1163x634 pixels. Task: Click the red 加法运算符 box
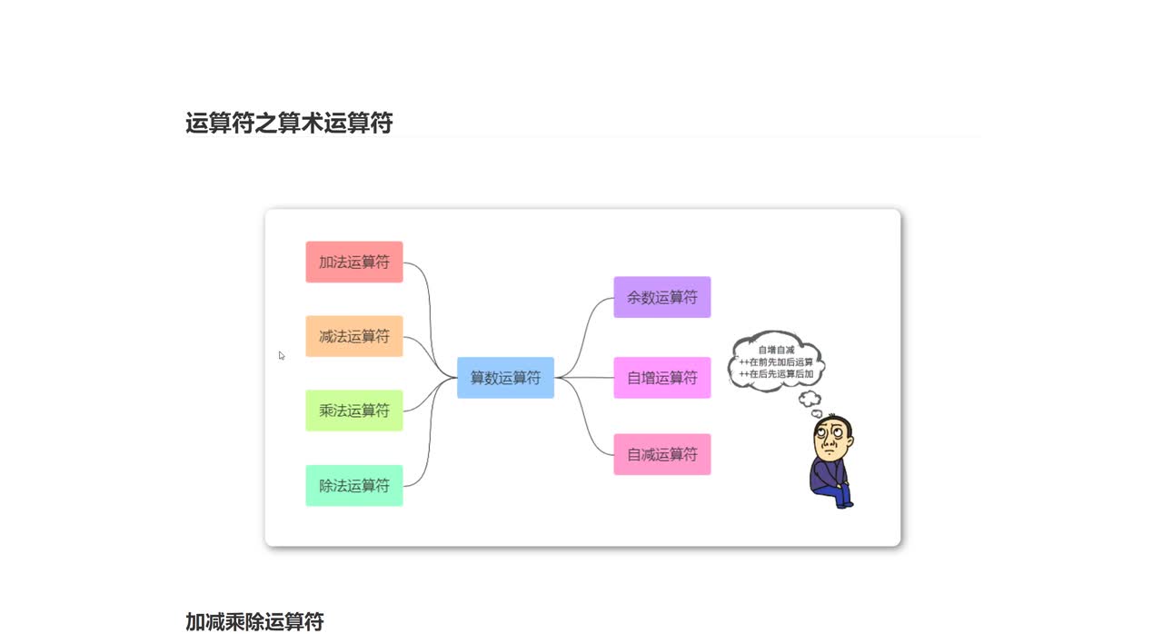point(353,262)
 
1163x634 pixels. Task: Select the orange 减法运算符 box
point(353,336)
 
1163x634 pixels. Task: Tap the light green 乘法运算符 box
point(353,411)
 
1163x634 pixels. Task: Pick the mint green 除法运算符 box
point(353,485)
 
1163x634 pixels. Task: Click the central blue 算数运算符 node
point(505,377)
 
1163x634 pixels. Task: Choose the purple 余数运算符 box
point(661,297)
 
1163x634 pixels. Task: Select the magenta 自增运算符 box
point(661,377)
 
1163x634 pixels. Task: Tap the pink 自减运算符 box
point(661,454)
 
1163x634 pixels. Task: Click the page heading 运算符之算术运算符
point(289,123)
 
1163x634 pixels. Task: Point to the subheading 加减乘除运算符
point(254,621)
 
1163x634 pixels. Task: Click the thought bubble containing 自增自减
point(776,361)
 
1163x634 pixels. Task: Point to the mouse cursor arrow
point(282,355)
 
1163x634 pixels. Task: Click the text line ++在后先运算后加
point(776,373)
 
